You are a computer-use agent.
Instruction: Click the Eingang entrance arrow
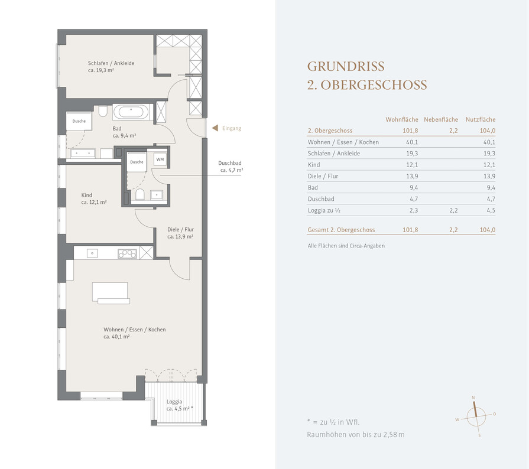tap(215, 128)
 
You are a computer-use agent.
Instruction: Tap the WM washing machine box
tap(160, 159)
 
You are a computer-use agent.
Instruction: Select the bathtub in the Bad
tap(131, 112)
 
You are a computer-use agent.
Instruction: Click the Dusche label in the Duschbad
tap(137, 162)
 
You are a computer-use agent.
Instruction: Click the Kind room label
tap(87, 196)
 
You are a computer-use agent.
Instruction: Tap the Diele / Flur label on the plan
tap(180, 230)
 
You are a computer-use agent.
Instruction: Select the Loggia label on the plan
tap(174, 402)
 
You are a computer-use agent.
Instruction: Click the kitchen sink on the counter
tap(92, 253)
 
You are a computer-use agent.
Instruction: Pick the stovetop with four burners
tap(127, 253)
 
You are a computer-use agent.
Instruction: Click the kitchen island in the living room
tap(111, 294)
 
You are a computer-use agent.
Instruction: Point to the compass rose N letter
tap(473, 398)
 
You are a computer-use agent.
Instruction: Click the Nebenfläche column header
tap(441, 119)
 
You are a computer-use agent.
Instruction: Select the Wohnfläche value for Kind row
tap(412, 165)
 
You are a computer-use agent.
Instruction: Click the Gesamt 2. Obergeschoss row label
tap(341, 230)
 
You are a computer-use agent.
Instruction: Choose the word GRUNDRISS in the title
tap(346, 66)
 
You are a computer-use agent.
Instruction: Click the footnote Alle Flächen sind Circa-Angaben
tap(346, 246)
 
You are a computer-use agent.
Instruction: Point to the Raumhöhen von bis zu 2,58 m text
tap(356, 435)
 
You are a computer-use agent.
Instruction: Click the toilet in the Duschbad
tap(139, 194)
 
